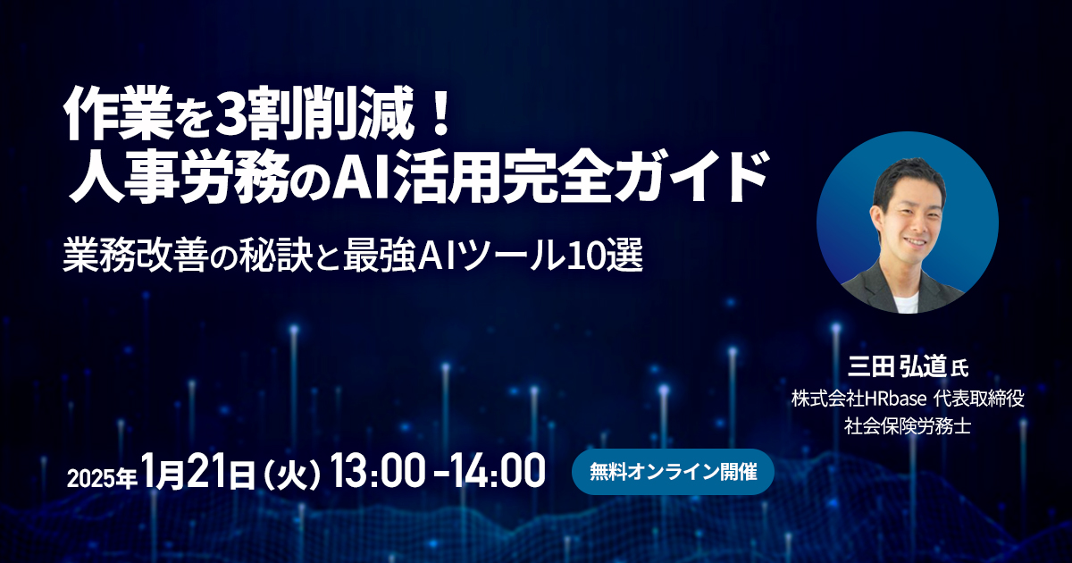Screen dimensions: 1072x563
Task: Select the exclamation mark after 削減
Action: [438, 113]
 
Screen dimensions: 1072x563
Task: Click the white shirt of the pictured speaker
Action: [906, 303]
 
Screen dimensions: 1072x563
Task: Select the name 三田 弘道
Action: [897, 368]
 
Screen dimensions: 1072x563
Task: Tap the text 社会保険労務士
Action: [908, 425]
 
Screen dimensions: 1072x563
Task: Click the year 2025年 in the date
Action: [103, 478]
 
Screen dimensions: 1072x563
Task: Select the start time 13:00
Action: [377, 471]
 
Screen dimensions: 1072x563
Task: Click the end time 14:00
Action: [498, 471]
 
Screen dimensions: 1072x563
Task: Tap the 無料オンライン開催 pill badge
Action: [673, 472]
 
